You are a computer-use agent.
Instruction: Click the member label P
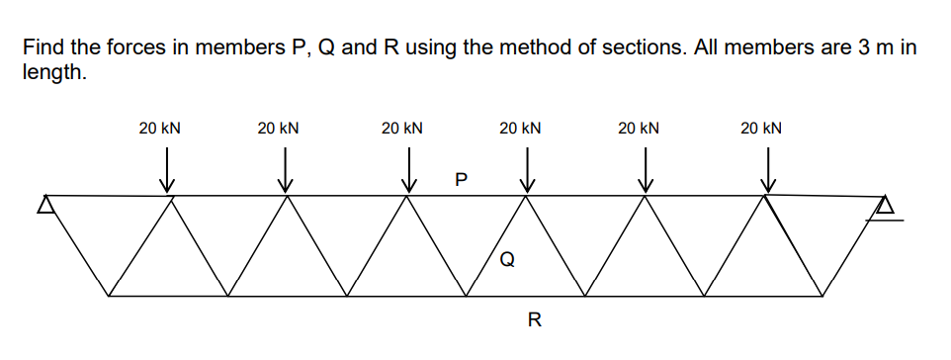point(459,180)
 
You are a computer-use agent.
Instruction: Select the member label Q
point(507,260)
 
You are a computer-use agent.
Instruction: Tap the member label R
point(534,319)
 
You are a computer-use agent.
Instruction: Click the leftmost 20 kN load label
point(159,128)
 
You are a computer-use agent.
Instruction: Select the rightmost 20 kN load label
point(761,128)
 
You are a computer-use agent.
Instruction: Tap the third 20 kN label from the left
point(402,128)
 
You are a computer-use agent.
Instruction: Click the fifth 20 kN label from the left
point(639,128)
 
